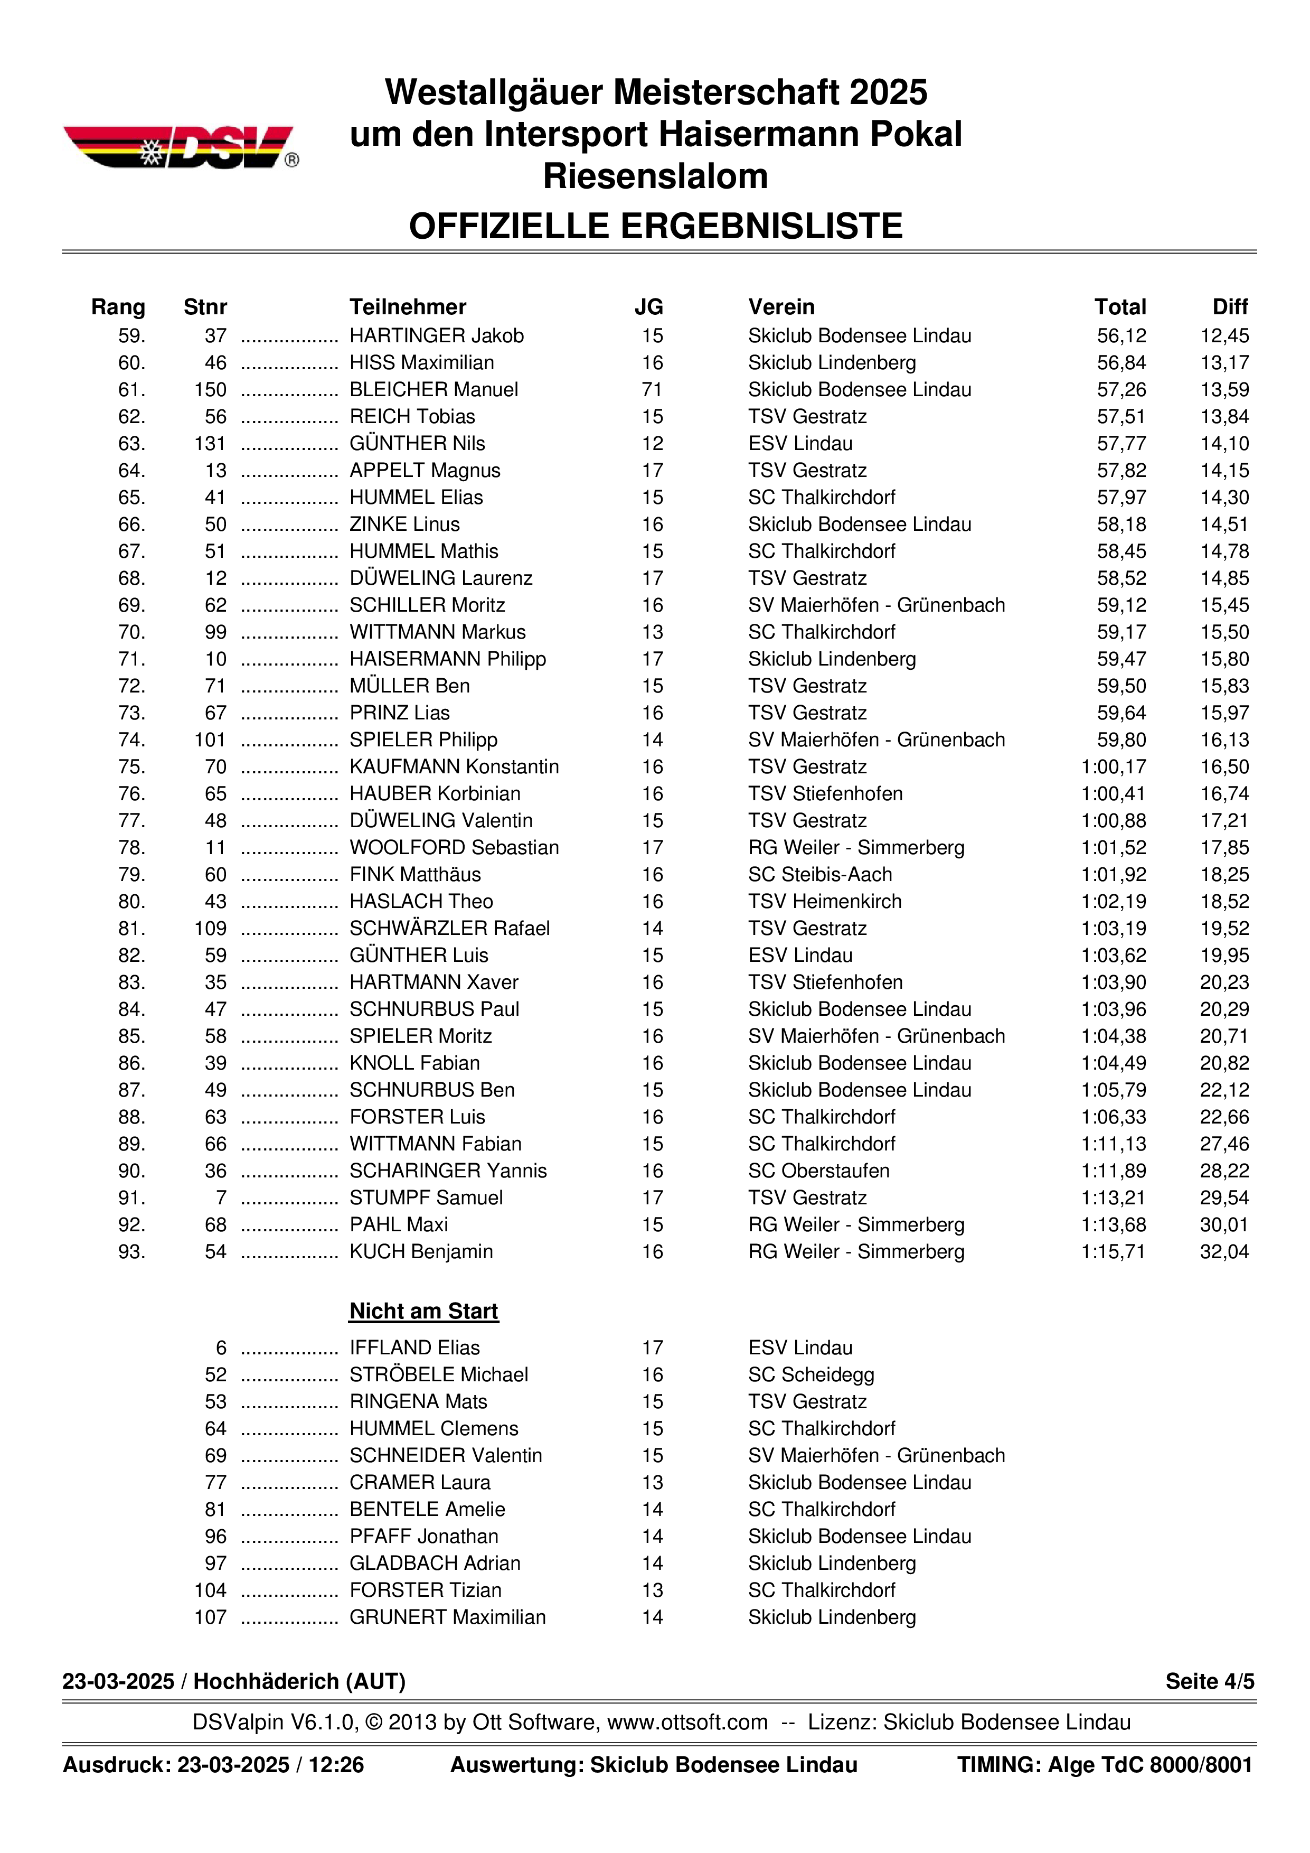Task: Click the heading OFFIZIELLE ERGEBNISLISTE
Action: [x=655, y=227]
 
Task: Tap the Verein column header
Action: [x=781, y=307]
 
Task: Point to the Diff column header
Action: [x=1229, y=307]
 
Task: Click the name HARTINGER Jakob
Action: [x=436, y=336]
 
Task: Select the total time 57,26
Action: [x=1120, y=390]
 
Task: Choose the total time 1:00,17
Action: [x=1113, y=766]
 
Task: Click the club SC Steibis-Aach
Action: [x=819, y=875]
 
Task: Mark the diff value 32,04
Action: [x=1224, y=1252]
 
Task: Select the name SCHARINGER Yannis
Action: [x=448, y=1171]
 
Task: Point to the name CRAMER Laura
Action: [x=419, y=1483]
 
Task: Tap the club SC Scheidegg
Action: [x=810, y=1374]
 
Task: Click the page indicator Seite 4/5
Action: [x=1209, y=1681]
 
